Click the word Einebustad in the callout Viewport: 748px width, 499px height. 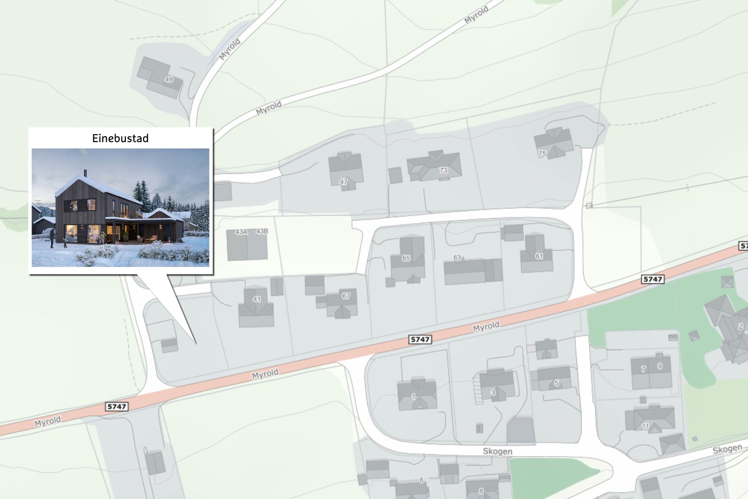tap(120, 138)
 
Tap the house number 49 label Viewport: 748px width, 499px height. tap(169, 80)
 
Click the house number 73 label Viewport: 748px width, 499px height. tap(443, 170)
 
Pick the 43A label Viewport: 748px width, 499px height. tap(241, 231)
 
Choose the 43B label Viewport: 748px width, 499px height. tap(262, 231)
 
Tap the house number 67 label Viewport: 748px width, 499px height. tap(346, 296)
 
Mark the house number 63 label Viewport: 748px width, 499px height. tap(457, 257)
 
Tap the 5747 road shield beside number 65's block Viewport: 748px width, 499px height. tap(420, 340)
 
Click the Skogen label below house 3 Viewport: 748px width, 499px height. tap(497, 451)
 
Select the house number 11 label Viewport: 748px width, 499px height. tap(645, 426)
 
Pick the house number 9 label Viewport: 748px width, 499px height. tap(660, 366)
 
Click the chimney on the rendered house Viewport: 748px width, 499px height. tap(85, 173)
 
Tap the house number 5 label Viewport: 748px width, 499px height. tap(556, 383)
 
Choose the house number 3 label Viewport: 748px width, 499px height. tap(493, 392)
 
